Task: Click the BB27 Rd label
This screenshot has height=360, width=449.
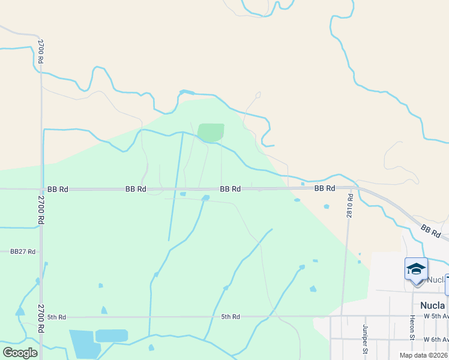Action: click(23, 251)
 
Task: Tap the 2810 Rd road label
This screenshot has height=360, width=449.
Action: click(349, 205)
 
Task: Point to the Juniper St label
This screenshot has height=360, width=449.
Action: click(365, 340)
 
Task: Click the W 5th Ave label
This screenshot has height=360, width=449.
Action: click(436, 316)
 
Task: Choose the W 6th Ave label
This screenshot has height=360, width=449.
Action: click(436, 340)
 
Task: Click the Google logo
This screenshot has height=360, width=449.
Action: click(20, 353)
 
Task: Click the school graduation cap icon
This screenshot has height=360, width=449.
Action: click(416, 269)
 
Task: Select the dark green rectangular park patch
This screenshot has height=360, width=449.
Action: click(211, 132)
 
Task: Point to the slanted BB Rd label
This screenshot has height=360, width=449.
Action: click(430, 231)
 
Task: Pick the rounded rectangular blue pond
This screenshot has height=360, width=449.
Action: click(112, 335)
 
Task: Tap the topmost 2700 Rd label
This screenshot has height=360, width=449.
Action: click(40, 52)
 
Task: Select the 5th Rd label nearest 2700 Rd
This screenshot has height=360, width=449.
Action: click(56, 317)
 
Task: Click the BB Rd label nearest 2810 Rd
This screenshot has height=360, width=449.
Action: click(325, 188)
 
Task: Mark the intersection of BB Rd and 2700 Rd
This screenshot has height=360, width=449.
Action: click(41, 189)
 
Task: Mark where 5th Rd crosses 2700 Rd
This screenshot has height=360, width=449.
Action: click(41, 317)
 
